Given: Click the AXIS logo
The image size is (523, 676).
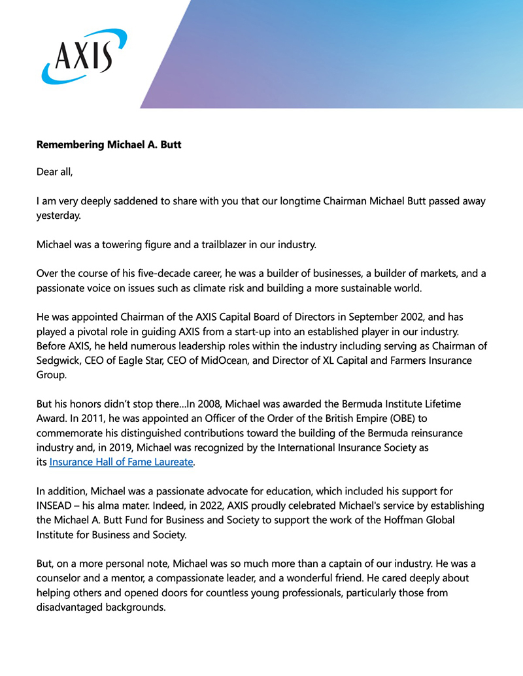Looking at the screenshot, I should point(84,56).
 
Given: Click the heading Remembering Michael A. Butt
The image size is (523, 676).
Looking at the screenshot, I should point(109,144).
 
